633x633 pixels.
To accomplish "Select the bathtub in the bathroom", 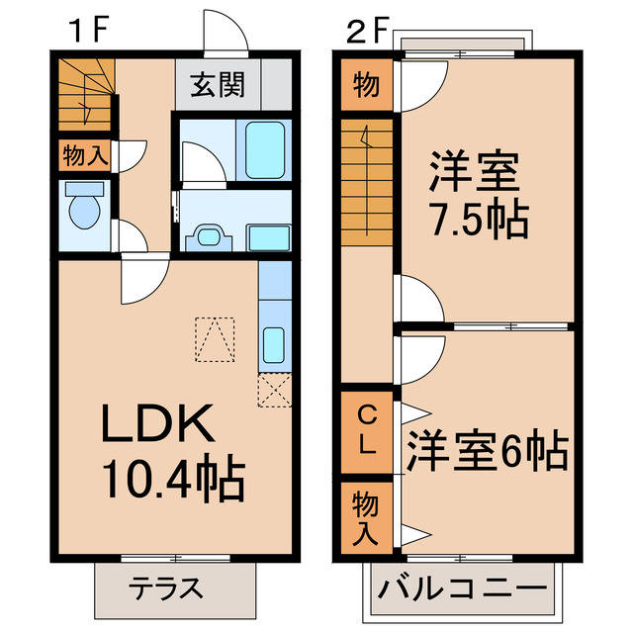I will (264, 149).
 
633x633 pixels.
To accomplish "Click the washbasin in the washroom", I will (209, 237).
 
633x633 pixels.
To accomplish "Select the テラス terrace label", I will (165, 589).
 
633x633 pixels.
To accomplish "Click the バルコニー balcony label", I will (462, 590).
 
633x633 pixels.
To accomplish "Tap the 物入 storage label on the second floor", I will (364, 517).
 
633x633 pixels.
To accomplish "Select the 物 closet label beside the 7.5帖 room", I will (365, 86).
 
